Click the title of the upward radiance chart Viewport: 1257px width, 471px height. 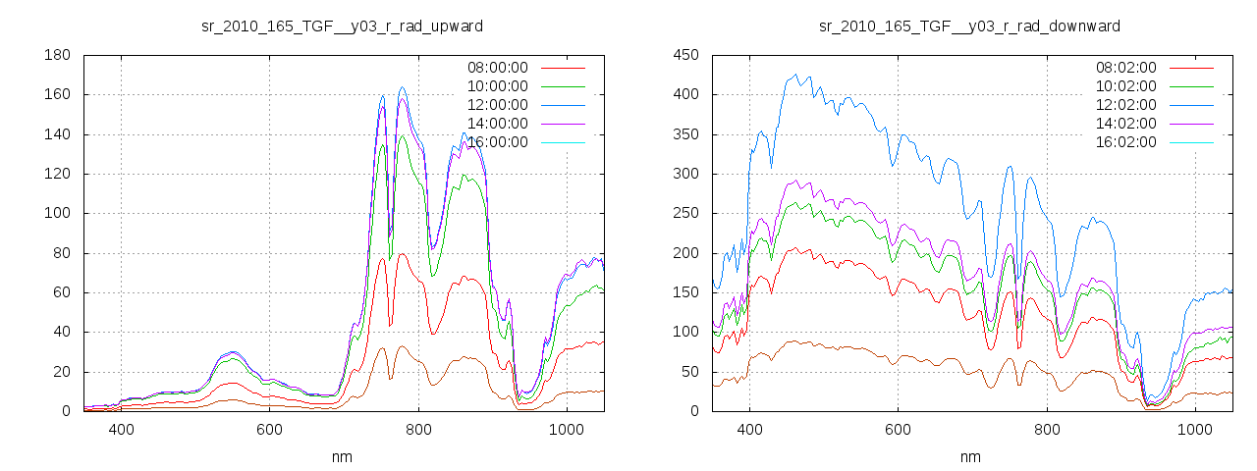[x=342, y=25]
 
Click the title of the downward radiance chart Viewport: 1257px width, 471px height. [x=970, y=25]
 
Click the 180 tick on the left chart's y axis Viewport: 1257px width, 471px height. [x=57, y=56]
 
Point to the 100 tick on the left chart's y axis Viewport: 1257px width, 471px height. [x=57, y=214]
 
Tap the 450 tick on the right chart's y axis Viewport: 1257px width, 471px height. [x=685, y=56]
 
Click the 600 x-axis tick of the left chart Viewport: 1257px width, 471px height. [x=270, y=430]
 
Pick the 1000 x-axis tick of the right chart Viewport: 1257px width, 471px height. [x=1195, y=430]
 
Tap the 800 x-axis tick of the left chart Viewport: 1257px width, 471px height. [x=418, y=430]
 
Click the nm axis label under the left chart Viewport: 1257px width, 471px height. [x=342, y=456]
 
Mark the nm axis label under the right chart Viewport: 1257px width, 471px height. [x=970, y=456]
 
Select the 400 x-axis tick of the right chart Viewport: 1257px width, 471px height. [x=750, y=430]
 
